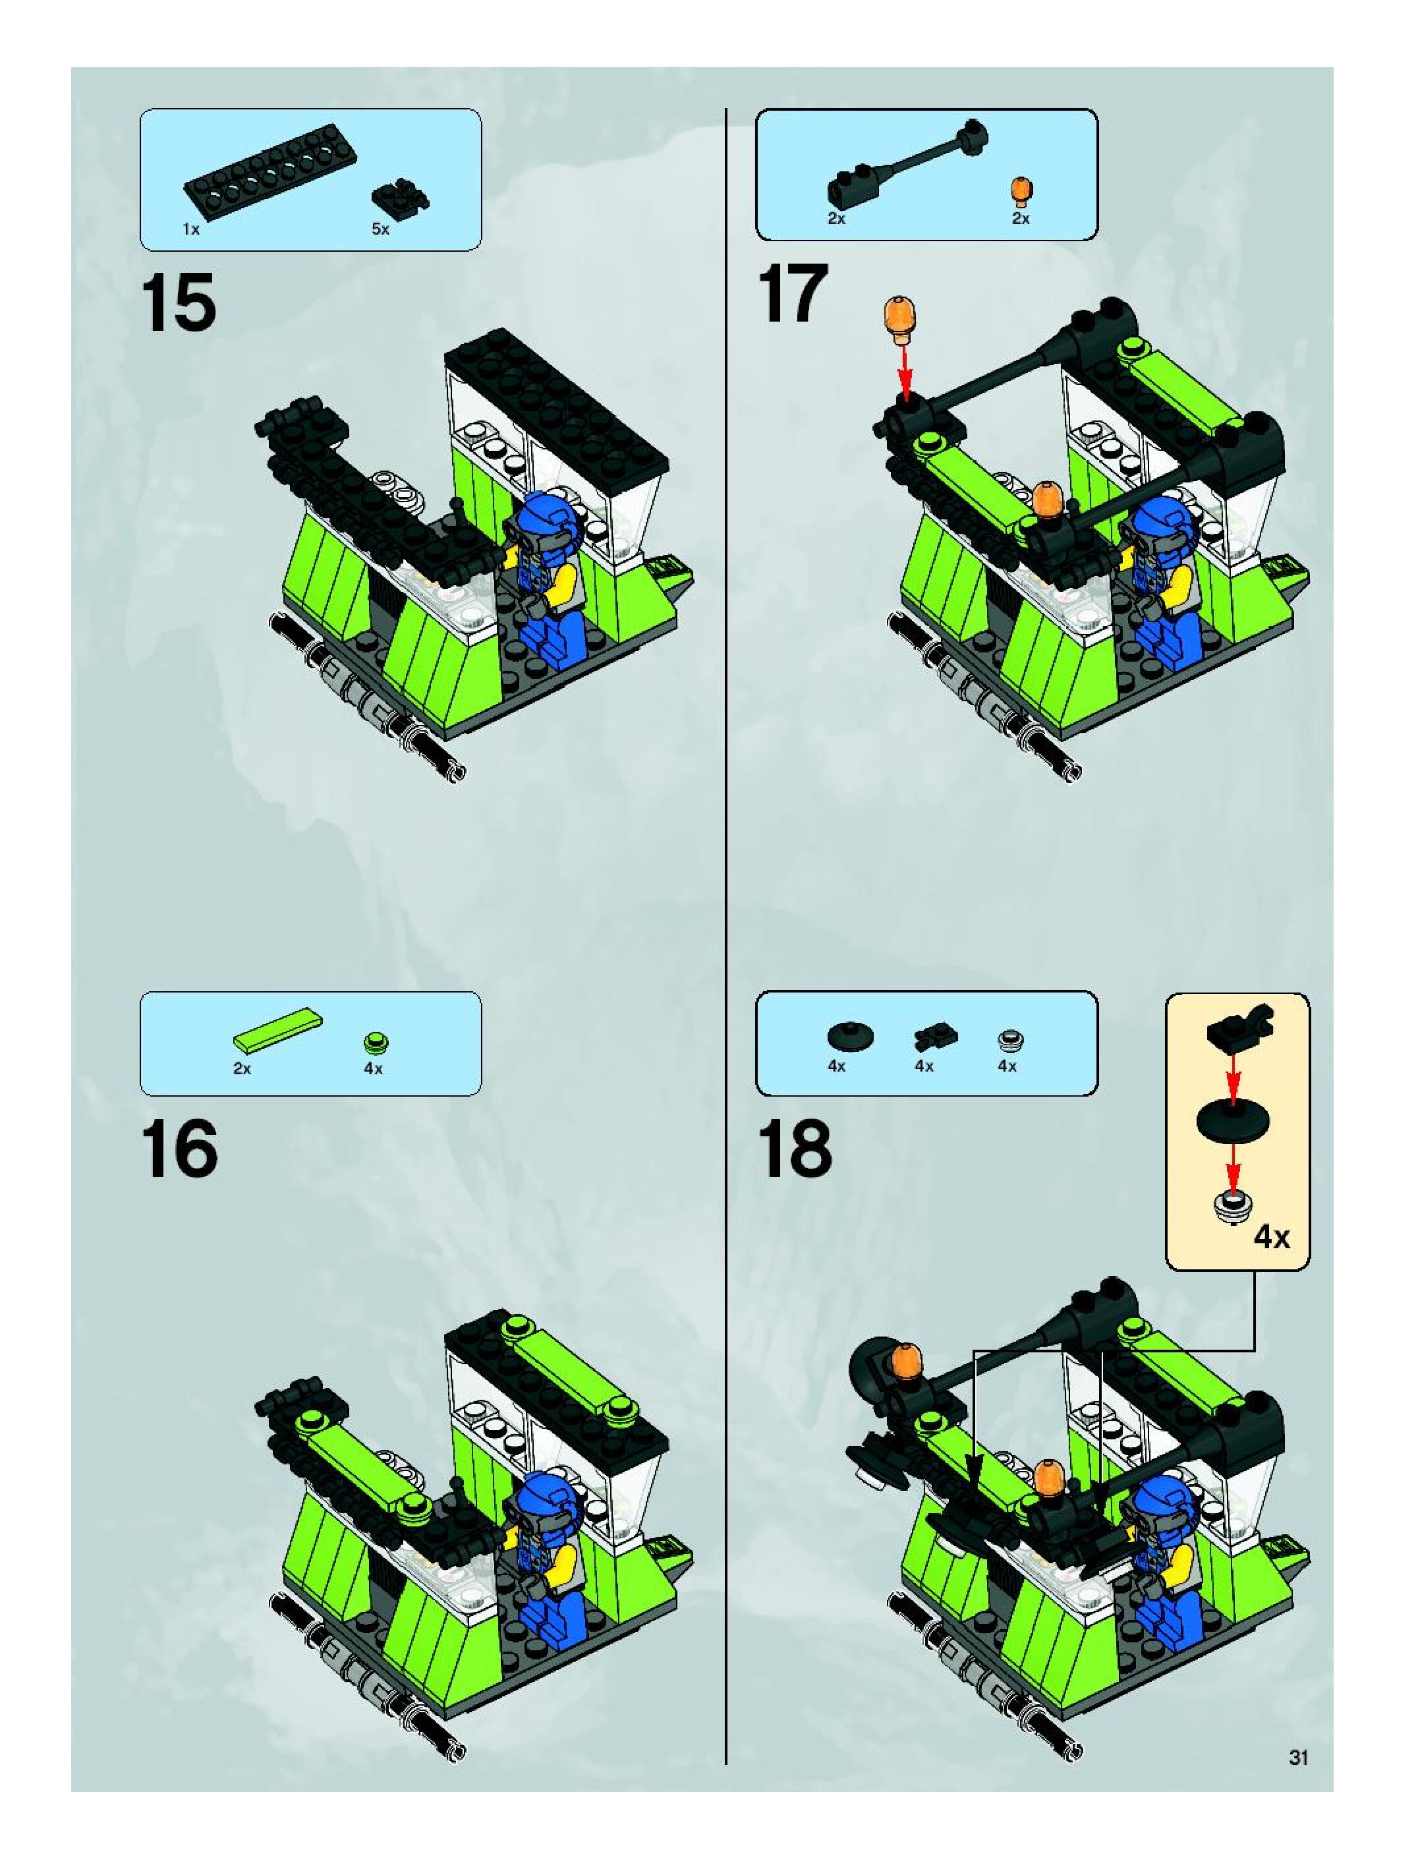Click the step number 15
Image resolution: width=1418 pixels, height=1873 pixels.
point(179,303)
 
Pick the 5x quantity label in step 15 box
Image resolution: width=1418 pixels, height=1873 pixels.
point(380,229)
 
